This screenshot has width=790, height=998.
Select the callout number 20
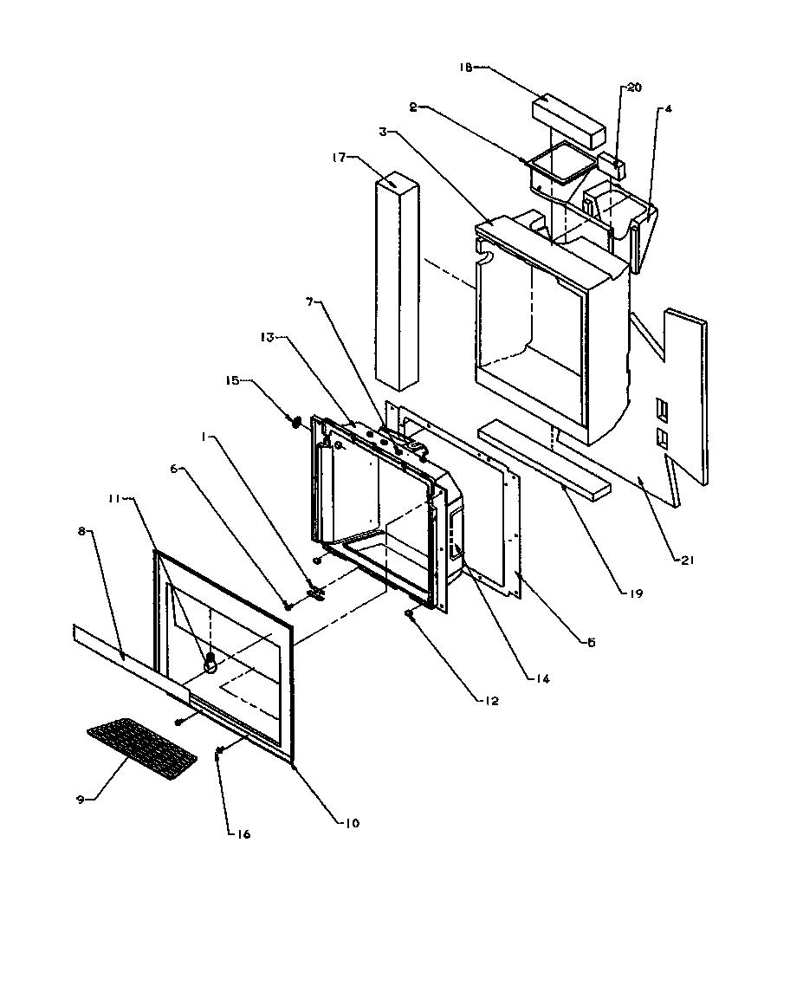(635, 88)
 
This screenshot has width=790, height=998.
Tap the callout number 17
(338, 157)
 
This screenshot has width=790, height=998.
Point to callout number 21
(687, 560)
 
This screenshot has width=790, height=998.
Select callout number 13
(266, 338)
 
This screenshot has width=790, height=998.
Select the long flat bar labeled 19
(544, 461)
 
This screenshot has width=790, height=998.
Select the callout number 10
(353, 823)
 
